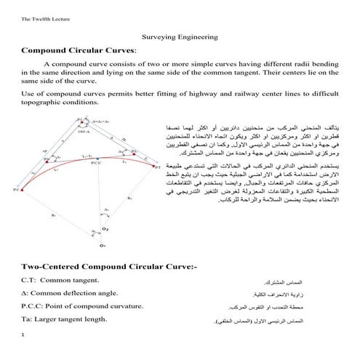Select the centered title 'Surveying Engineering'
pos(180,37)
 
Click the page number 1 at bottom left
pos(23,335)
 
